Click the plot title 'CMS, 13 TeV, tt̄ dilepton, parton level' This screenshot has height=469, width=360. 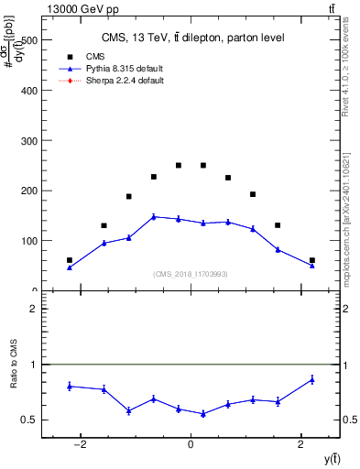pyautogui.click(x=191, y=38)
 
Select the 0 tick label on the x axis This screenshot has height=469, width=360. pyautogui.click(x=191, y=446)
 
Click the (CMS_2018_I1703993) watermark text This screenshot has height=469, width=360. pyautogui.click(x=191, y=274)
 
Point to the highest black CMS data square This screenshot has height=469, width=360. pyautogui.click(x=179, y=166)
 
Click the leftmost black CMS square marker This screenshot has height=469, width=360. pyautogui.click(x=70, y=260)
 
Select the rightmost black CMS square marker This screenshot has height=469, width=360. pyautogui.click(x=311, y=260)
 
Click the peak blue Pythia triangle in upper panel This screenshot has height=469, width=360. pyautogui.click(x=154, y=217)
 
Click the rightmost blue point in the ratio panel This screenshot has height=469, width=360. pyautogui.click(x=311, y=379)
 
